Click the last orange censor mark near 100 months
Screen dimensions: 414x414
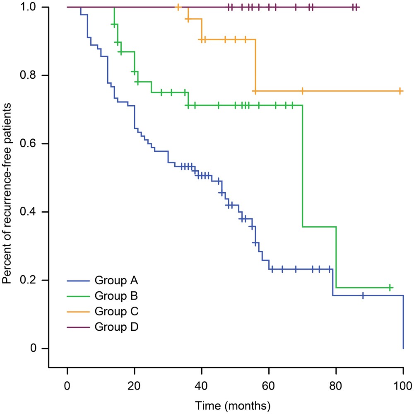click(x=400, y=91)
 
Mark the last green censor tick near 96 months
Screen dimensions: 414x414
click(x=390, y=288)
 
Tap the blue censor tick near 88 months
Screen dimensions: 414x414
click(x=363, y=295)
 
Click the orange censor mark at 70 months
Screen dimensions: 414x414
click(x=302, y=91)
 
